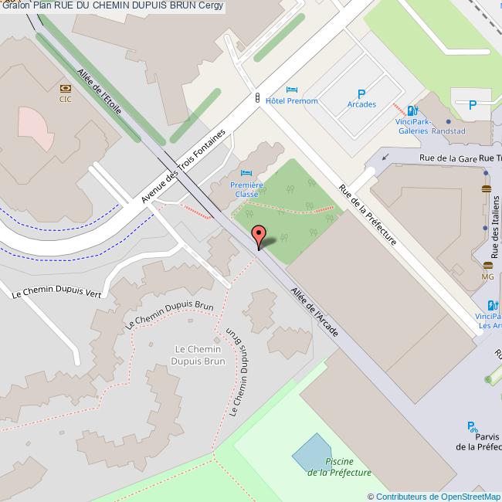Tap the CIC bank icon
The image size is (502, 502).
(66, 88)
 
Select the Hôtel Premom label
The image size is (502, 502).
(291, 101)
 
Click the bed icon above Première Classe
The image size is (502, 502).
(246, 172)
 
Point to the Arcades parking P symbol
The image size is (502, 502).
(361, 93)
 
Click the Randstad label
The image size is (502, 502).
(448, 131)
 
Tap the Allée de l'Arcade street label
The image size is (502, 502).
(314, 312)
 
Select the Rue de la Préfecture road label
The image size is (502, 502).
(368, 215)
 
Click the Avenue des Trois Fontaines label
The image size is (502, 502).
(183, 167)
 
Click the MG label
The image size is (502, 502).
(487, 276)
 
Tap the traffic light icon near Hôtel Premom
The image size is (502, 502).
(257, 98)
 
